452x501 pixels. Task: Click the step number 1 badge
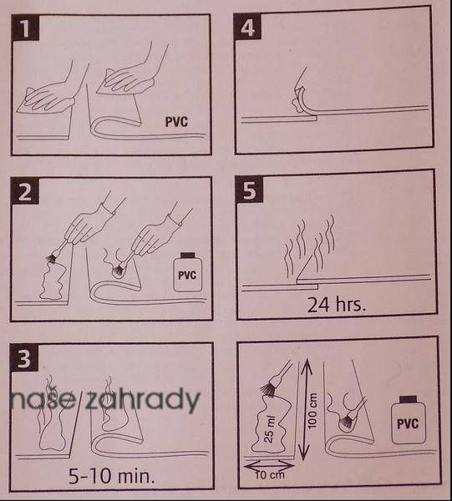(x=25, y=28)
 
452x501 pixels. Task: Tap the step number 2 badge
(x=24, y=191)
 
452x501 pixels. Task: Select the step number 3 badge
(x=24, y=357)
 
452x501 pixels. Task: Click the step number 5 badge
(x=249, y=190)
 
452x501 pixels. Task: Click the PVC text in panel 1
(x=176, y=122)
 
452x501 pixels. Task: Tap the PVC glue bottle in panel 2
(x=188, y=272)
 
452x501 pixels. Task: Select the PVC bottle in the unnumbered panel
(x=409, y=420)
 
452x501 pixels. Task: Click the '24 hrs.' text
(x=336, y=305)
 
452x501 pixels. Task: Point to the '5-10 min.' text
(x=112, y=476)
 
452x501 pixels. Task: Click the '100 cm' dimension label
(x=312, y=411)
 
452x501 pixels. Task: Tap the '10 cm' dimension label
(x=270, y=475)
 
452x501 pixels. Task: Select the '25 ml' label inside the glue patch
(x=270, y=429)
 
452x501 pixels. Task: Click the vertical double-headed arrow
(x=306, y=409)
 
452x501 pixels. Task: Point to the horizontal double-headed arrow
(x=269, y=466)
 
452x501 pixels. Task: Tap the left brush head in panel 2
(x=51, y=258)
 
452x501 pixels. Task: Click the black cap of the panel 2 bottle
(x=188, y=255)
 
